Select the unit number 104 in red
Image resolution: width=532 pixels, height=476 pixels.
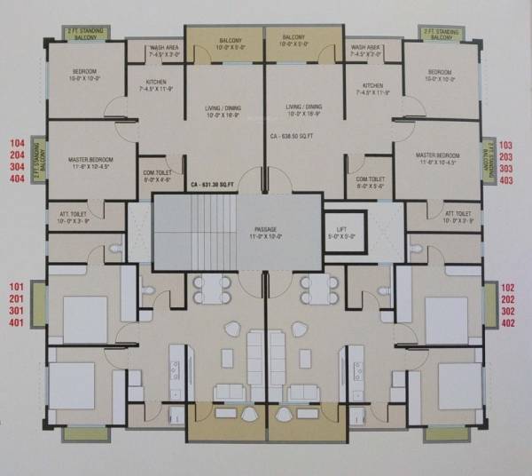(15, 142)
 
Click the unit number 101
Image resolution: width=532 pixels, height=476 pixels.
(15, 287)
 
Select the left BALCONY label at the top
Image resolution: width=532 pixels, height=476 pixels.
(225, 38)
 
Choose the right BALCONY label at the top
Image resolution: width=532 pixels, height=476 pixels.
(293, 38)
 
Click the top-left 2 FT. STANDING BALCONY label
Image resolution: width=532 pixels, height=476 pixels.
(84, 33)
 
